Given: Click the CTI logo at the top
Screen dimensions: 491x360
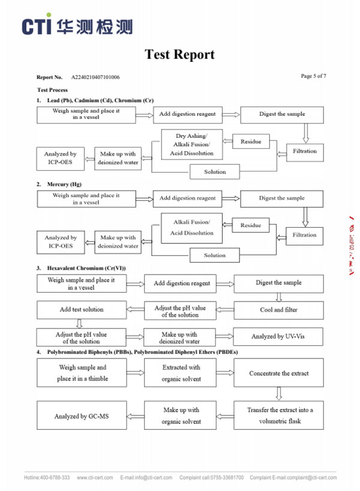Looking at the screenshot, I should (77, 25).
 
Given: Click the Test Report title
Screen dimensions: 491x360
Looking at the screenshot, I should (179, 55).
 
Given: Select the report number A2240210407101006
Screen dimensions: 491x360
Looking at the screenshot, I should (95, 77).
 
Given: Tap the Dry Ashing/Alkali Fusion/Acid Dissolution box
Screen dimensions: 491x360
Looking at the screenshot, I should (191, 144).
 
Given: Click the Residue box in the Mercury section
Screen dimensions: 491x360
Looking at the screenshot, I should (251, 225).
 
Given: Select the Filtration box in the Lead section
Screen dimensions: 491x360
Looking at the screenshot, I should (304, 151).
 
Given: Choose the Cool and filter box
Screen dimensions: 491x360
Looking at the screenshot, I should (278, 310).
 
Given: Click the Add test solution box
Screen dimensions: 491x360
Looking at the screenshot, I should (81, 310).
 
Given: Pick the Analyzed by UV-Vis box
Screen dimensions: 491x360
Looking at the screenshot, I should (278, 337).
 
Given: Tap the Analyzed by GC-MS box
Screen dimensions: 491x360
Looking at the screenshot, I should (82, 416).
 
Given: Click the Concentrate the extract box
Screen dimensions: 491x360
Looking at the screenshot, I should (278, 373).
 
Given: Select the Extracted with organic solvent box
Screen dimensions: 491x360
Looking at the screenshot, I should (181, 373).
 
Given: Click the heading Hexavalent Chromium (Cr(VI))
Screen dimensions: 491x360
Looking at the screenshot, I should (86, 267).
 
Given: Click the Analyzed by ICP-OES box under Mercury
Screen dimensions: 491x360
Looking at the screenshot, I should (60, 242).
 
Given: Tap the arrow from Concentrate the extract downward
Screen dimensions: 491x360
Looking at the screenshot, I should (278, 393).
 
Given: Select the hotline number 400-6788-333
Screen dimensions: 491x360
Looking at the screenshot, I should (55, 478).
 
